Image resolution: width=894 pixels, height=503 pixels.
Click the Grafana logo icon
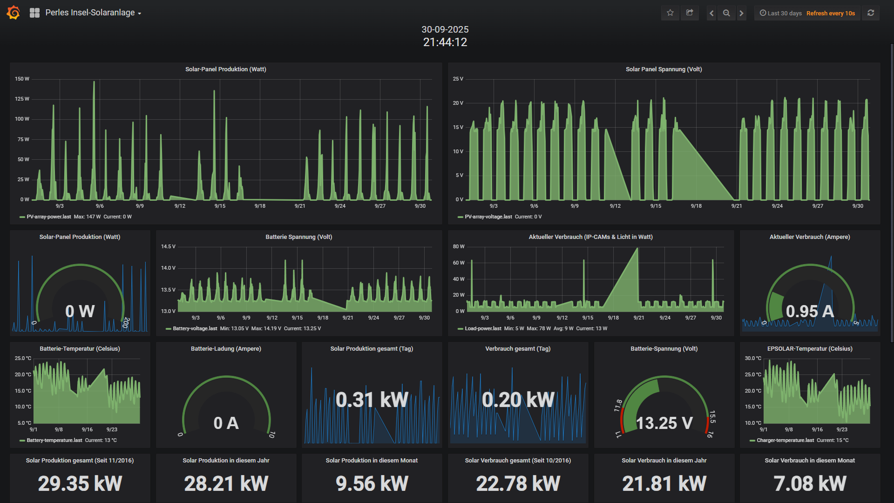(x=14, y=13)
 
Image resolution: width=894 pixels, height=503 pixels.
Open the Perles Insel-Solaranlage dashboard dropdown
(x=93, y=13)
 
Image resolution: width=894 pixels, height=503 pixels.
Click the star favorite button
(x=670, y=13)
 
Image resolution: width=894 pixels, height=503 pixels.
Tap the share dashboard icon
(x=690, y=13)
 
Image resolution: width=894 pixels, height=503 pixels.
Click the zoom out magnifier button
(x=726, y=13)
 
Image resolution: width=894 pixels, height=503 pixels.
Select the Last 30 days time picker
(x=780, y=13)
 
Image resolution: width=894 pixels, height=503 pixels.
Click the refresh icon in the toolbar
(x=871, y=13)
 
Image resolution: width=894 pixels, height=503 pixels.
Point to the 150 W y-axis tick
(x=22, y=79)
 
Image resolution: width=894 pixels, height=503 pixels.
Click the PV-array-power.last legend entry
(x=48, y=217)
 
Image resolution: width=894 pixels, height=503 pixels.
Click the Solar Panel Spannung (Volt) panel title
(x=664, y=69)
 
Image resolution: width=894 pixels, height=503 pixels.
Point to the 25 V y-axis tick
(x=458, y=79)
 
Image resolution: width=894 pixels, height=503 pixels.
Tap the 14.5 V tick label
(x=168, y=246)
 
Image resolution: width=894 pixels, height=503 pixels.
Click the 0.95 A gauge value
(x=810, y=311)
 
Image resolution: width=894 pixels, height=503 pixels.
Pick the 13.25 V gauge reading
(x=664, y=423)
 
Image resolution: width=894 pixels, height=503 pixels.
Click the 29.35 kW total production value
(x=80, y=483)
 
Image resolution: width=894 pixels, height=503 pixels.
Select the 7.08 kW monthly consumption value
(x=810, y=483)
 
